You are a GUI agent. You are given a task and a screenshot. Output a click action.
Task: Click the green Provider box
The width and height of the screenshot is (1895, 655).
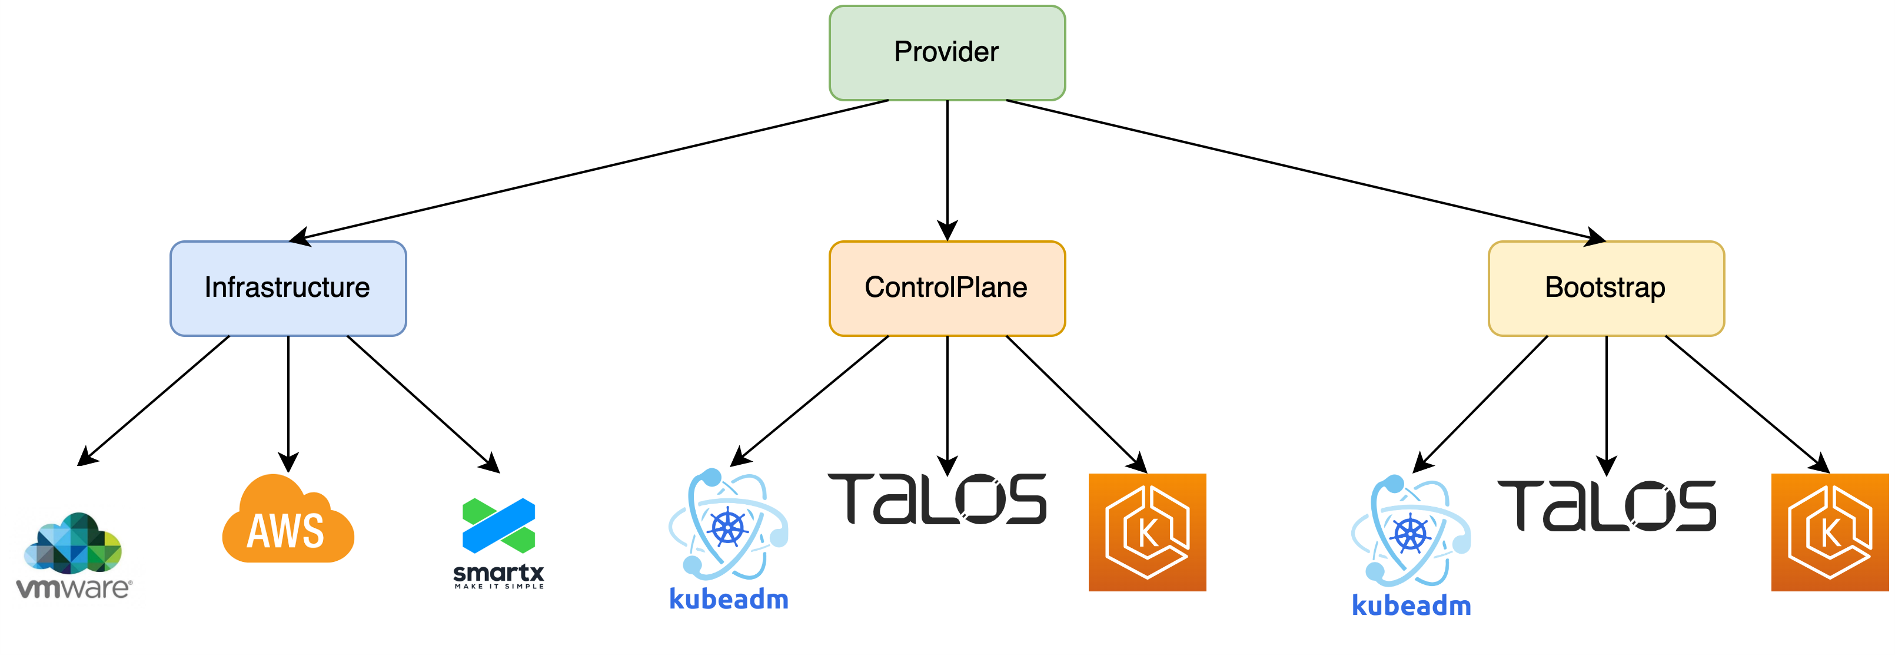(947, 52)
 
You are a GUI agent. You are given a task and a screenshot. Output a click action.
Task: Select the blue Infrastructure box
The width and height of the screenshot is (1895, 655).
(288, 288)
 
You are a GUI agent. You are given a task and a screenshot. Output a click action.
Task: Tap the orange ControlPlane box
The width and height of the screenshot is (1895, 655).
(947, 288)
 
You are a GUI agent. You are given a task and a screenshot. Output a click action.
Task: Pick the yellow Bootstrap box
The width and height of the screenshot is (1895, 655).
(1606, 288)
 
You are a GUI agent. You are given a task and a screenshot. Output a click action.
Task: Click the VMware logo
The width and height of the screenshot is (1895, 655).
(74, 555)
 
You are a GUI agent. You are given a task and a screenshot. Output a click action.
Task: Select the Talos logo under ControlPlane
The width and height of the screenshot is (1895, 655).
(937, 499)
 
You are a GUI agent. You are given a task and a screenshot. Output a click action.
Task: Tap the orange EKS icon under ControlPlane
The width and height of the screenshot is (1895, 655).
(1147, 532)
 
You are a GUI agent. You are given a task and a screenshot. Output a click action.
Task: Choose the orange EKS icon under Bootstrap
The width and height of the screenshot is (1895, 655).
(1830, 532)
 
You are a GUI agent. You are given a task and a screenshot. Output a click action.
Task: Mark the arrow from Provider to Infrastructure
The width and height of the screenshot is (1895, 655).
(589, 168)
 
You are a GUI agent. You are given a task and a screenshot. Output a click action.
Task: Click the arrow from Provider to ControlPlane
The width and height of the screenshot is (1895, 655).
(947, 169)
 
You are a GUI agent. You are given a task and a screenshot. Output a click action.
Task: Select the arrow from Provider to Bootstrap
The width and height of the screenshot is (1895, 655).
(1306, 169)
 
